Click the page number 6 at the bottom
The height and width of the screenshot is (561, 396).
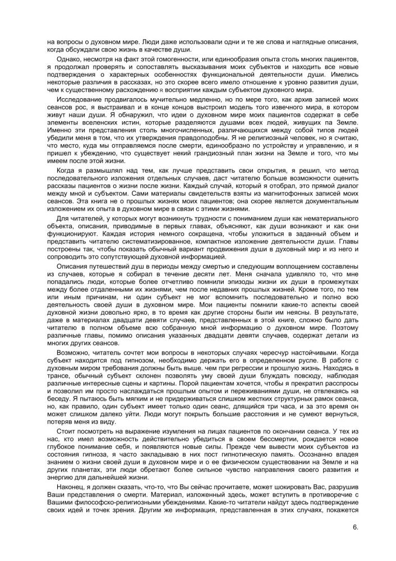coord(355,527)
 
